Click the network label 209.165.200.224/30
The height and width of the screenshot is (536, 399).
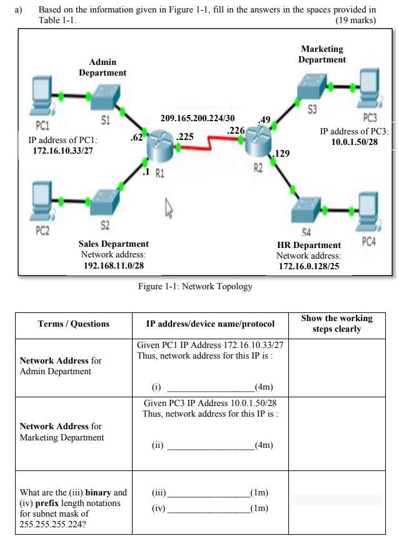[x=198, y=118]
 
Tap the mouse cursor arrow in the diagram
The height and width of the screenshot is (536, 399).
[x=168, y=206]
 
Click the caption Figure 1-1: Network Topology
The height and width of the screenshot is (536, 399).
[x=195, y=287]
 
